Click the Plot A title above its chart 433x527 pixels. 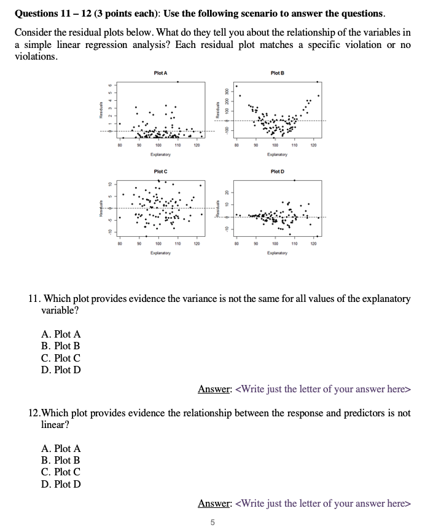(x=161, y=73)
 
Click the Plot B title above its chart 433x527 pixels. (x=277, y=73)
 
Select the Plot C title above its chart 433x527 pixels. (x=161, y=171)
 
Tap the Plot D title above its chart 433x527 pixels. (x=277, y=171)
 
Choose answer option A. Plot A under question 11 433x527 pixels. (x=61, y=335)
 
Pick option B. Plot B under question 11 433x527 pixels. (x=61, y=346)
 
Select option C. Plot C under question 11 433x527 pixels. (x=61, y=358)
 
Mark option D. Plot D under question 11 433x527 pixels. (x=61, y=370)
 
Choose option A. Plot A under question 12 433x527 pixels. (x=61, y=449)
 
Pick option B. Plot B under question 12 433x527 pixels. (x=61, y=461)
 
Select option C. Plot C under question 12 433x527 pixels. (x=61, y=472)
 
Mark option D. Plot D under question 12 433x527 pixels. (x=61, y=484)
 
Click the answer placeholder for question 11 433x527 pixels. (x=322, y=389)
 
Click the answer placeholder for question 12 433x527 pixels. (x=322, y=504)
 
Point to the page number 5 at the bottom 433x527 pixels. (x=213, y=522)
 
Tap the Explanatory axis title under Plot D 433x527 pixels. (x=277, y=252)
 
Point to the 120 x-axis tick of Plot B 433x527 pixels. (x=313, y=146)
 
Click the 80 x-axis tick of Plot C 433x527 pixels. (x=120, y=244)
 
